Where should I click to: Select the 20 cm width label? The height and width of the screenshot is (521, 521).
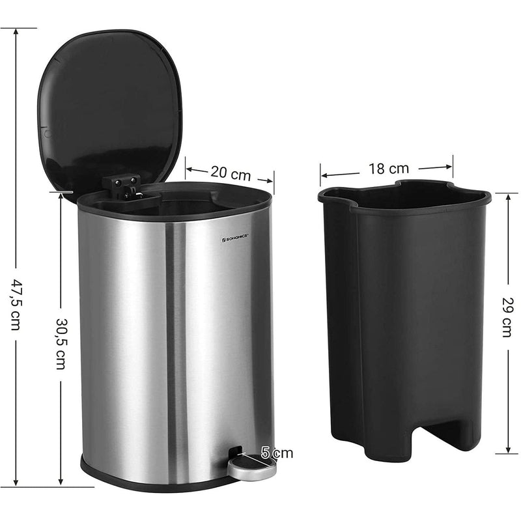pyautogui.click(x=230, y=174)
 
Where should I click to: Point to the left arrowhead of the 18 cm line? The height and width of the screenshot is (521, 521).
pyautogui.click(x=322, y=176)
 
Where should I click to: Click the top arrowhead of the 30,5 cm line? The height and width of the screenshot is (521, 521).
pyautogui.click(x=61, y=194)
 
